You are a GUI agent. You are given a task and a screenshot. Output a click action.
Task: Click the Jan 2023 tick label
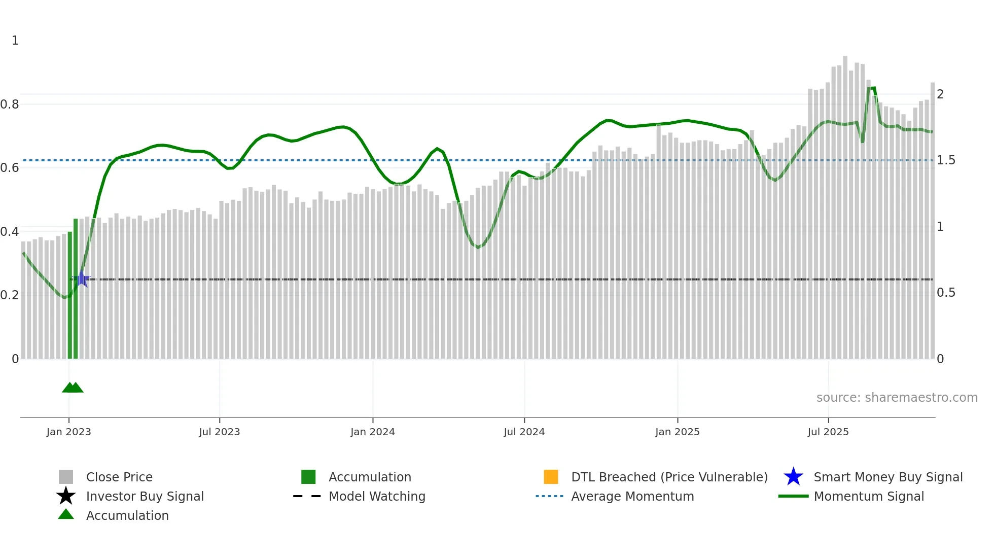[68, 432]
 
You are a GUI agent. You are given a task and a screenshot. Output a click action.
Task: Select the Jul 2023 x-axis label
[219, 432]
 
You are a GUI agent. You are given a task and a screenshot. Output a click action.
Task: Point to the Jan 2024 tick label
[372, 432]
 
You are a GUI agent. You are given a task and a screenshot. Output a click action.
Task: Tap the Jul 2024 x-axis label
[524, 432]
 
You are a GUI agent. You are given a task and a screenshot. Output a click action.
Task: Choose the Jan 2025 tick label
[677, 432]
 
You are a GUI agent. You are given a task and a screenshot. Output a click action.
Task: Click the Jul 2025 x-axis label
[828, 432]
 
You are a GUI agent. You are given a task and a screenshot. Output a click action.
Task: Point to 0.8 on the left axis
[10, 104]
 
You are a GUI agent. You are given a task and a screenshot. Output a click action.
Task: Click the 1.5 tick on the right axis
[946, 160]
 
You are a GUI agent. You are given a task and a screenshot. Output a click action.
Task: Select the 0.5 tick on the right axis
[946, 293]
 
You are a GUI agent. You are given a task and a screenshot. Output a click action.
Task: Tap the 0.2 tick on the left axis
[10, 295]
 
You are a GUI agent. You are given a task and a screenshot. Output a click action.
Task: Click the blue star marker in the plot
[82, 278]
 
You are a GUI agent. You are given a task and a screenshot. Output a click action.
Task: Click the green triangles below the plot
[73, 388]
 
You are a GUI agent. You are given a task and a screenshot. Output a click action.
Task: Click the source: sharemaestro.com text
[897, 398]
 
